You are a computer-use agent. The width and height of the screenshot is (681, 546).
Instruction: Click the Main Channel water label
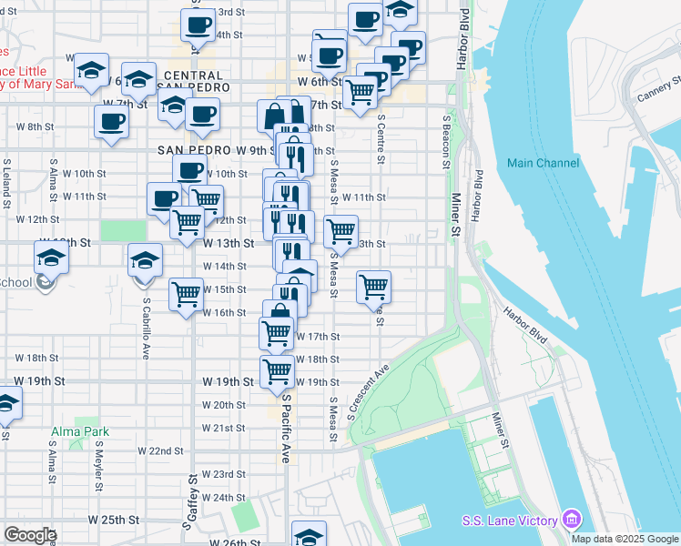543,163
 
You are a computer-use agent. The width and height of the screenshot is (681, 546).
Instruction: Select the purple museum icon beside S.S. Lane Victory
572,520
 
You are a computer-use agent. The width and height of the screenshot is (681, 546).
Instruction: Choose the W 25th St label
114,519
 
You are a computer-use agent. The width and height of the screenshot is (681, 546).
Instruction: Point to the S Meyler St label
98,465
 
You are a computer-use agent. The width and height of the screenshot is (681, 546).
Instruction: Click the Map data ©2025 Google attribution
625,539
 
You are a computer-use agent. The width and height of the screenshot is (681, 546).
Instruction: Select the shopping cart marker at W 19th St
277,370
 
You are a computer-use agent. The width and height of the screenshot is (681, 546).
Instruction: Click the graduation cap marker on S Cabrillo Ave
145,260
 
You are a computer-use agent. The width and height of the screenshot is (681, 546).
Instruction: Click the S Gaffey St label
193,501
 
